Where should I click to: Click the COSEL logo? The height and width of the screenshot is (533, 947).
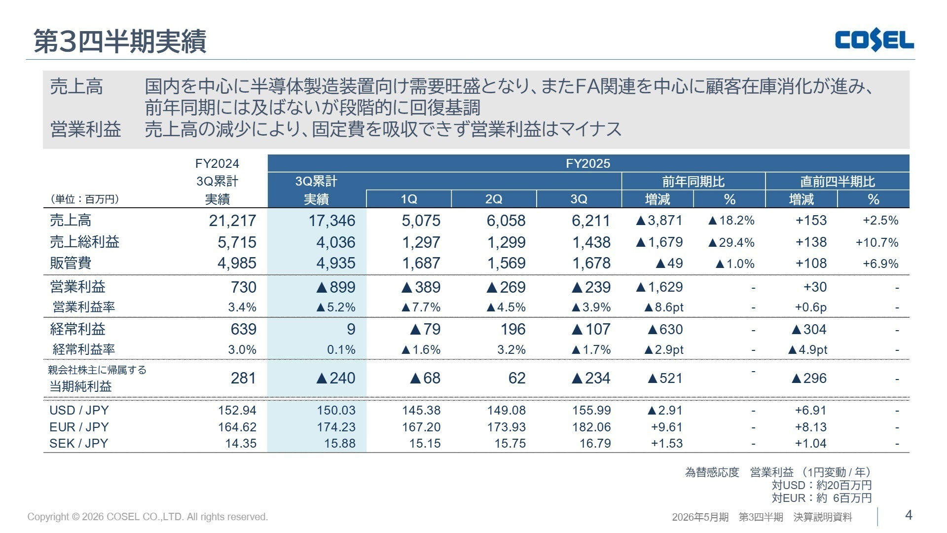(874, 40)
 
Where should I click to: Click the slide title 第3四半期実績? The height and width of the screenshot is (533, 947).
(120, 41)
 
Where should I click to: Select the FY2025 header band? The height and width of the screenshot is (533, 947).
(588, 163)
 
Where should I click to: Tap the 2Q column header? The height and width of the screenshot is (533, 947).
(494, 199)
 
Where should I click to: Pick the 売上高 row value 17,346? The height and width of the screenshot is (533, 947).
(331, 221)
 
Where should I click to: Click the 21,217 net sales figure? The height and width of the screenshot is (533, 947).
(232, 221)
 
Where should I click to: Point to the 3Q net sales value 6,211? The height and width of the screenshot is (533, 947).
(591, 221)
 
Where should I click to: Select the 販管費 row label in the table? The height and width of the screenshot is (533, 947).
(71, 263)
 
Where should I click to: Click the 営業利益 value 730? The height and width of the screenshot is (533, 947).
(243, 287)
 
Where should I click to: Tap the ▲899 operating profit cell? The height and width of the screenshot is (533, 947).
(335, 287)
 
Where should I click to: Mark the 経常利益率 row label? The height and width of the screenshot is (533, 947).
(84, 349)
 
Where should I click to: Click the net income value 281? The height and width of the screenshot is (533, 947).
(243, 378)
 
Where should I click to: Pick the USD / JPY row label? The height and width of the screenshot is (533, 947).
(79, 410)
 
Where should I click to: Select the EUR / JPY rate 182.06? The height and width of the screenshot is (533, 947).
(591, 427)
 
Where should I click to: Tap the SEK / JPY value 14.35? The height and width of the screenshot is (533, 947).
(241, 443)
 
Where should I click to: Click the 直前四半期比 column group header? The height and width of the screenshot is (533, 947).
(837, 182)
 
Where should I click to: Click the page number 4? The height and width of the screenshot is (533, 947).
(909, 515)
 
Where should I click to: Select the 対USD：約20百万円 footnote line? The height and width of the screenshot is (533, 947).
(821, 485)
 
